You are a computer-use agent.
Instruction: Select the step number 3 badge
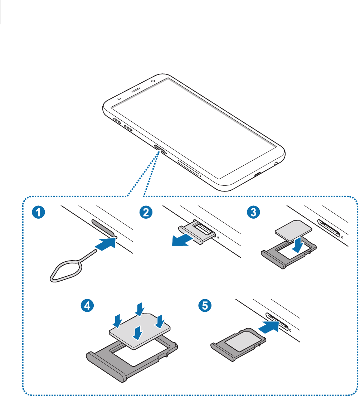pos(253,212)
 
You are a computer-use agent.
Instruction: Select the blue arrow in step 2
pos(184,241)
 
